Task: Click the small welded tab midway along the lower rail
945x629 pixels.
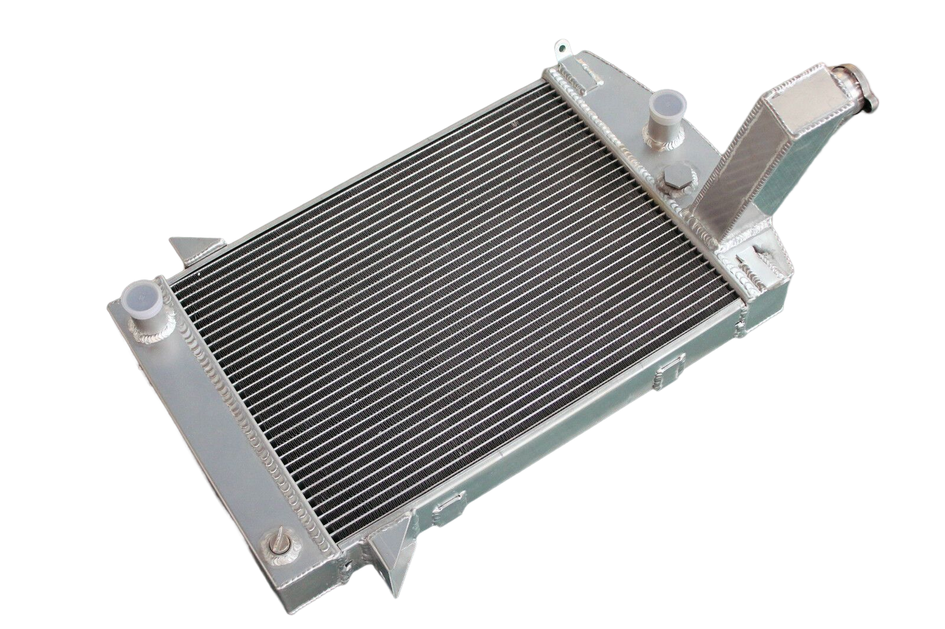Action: coord(669,372)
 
